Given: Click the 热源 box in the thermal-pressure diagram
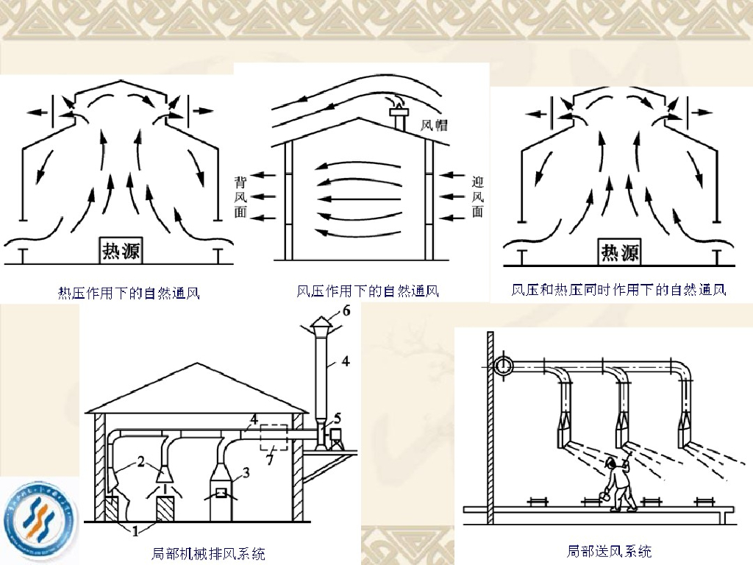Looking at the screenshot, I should (x=121, y=251).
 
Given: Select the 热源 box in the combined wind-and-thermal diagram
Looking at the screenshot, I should (x=619, y=252).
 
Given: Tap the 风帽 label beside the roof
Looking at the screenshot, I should (x=434, y=126).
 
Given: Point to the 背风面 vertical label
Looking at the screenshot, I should (x=240, y=196).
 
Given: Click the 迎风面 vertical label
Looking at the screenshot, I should (x=477, y=196).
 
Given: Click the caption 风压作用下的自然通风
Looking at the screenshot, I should (x=367, y=291).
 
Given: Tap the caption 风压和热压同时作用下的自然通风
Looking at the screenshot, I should (x=618, y=290).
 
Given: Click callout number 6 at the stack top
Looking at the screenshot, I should (x=346, y=310).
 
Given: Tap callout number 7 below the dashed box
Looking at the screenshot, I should (x=270, y=461).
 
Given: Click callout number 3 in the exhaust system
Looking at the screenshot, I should (x=246, y=474).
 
